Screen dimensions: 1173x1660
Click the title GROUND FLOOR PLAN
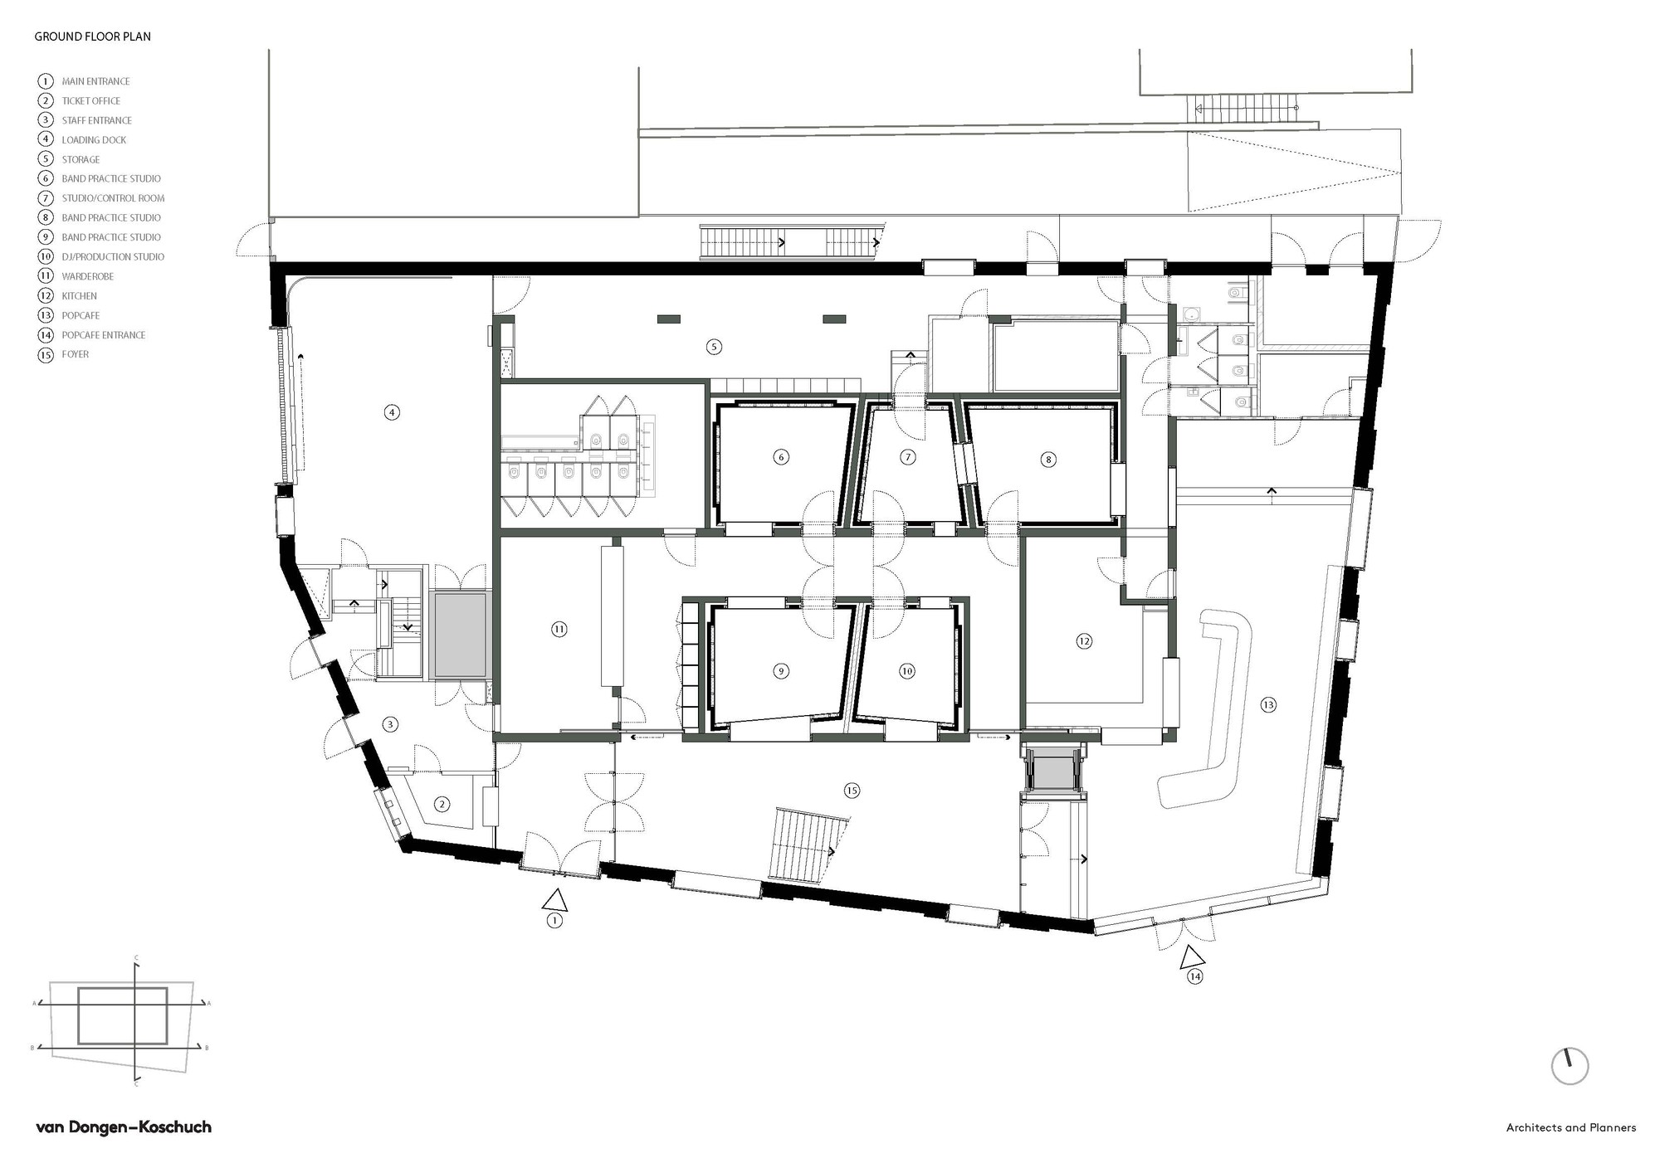pyautogui.click(x=92, y=37)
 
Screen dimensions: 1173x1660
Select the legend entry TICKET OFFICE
pyautogui.click(x=90, y=100)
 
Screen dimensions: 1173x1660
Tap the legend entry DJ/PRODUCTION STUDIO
pyautogui.click(x=112, y=257)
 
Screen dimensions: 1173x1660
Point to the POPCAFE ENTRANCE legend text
pyautogui.click(x=103, y=335)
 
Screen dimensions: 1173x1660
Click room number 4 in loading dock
pyautogui.click(x=392, y=411)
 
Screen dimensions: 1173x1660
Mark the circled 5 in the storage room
pyautogui.click(x=714, y=347)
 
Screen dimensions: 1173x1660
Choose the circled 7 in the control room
pyautogui.click(x=908, y=457)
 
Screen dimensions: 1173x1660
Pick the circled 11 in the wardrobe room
pyautogui.click(x=559, y=630)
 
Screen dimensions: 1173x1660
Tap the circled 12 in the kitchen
pyautogui.click(x=1084, y=641)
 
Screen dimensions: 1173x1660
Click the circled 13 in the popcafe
pyautogui.click(x=1267, y=705)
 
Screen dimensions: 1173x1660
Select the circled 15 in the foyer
pyautogui.click(x=852, y=791)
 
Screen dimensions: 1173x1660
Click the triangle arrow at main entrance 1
pyautogui.click(x=554, y=899)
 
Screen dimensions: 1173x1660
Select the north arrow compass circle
pyautogui.click(x=1569, y=1066)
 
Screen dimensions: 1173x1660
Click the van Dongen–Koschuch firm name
pyautogui.click(x=124, y=1127)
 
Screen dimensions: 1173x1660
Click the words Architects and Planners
pyautogui.click(x=1571, y=1128)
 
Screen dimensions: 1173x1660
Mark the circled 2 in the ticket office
pyautogui.click(x=442, y=804)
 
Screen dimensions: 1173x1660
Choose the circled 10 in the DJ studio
pyautogui.click(x=906, y=671)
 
